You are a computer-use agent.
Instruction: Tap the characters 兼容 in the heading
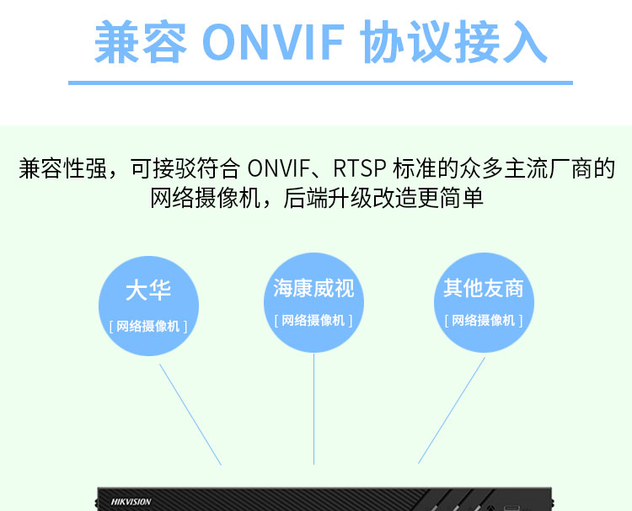141,43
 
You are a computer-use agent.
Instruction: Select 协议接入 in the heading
454,43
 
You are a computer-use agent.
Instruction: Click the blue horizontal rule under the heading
320,83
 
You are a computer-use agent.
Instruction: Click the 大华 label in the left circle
148,291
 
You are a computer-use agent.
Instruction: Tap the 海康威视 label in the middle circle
313,289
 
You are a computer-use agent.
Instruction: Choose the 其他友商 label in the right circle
484,289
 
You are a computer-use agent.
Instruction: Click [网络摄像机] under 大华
148,326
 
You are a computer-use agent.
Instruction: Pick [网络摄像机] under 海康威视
313,320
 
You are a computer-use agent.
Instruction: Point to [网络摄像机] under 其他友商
484,320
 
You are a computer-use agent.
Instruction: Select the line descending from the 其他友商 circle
453,410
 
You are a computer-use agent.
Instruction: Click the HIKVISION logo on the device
131,502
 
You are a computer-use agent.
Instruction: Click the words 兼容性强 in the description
62,168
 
